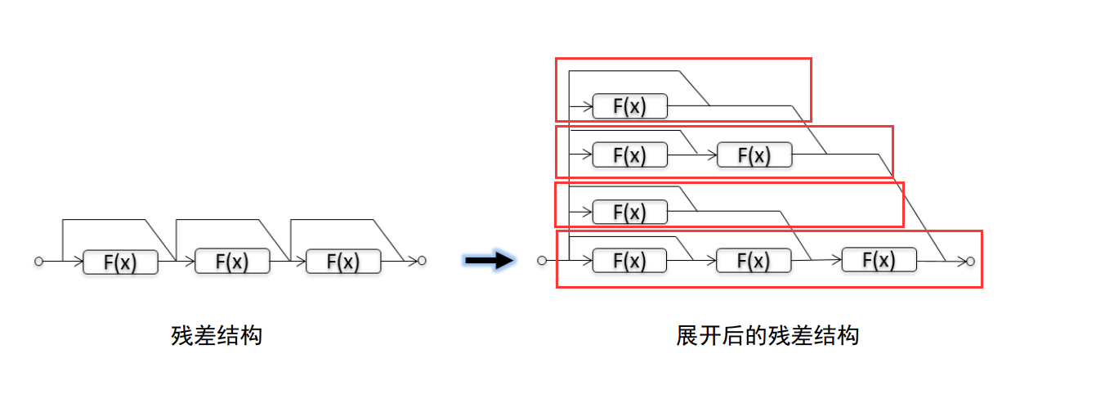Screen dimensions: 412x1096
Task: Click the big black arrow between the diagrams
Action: coord(489,261)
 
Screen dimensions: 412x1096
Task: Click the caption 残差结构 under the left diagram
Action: coord(217,335)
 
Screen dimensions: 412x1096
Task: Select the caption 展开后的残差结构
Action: coord(767,335)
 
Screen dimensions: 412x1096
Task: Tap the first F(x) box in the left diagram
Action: coord(120,262)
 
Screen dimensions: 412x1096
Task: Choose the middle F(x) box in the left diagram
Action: coord(232,262)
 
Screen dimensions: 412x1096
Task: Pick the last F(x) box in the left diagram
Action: coord(343,262)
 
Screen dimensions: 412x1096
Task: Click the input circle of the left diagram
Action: coord(38,261)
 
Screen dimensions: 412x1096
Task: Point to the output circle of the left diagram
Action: coord(422,261)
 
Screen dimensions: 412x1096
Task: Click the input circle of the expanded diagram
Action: coord(541,261)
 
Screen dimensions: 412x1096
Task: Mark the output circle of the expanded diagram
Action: coord(970,261)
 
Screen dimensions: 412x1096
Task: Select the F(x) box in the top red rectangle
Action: coord(629,106)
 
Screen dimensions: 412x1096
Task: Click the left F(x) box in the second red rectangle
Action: coord(629,154)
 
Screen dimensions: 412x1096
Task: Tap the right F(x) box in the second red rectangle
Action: coord(754,154)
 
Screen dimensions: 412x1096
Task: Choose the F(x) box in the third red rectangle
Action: coord(629,212)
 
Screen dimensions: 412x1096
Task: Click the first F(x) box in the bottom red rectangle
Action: coord(629,261)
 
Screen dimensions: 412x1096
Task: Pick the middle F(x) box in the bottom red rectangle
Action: coord(754,261)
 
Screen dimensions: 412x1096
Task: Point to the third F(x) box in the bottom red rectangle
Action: coord(879,261)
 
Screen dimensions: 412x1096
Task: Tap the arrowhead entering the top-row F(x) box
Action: coord(587,106)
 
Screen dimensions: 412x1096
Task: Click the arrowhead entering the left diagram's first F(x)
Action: coord(78,262)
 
